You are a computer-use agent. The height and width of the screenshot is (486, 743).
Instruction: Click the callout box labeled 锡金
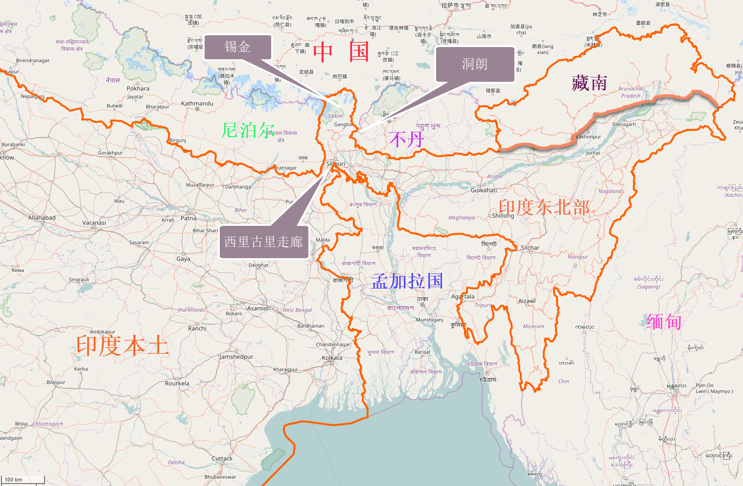tap(237, 47)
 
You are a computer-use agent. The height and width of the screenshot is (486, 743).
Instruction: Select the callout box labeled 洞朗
tap(474, 64)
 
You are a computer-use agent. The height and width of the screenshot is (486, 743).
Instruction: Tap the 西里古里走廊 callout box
tap(264, 242)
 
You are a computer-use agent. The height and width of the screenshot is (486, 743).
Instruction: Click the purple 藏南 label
tap(589, 83)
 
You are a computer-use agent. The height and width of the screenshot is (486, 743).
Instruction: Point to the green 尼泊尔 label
tap(247, 130)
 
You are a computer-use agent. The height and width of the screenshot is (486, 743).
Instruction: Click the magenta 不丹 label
tap(406, 139)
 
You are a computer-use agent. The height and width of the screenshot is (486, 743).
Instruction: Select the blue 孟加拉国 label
tap(407, 281)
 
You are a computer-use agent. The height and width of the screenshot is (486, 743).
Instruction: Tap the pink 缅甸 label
tap(664, 322)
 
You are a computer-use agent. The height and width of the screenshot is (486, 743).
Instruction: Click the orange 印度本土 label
tap(122, 346)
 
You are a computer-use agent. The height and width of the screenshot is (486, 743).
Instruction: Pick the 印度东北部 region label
tap(544, 207)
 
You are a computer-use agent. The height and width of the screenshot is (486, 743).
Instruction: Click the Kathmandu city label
tap(197, 103)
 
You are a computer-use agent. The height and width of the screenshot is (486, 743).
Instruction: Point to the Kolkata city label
tap(332, 358)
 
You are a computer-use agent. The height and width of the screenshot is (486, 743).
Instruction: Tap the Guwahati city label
tap(484, 190)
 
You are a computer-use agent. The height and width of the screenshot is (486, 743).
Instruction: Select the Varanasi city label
tap(94, 222)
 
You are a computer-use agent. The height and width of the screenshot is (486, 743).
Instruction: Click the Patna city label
tap(188, 218)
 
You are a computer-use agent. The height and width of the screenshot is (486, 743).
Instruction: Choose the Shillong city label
tap(503, 216)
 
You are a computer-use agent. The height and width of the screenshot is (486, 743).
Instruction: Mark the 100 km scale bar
tap(22, 480)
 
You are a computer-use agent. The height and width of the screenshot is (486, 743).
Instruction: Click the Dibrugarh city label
tap(624, 124)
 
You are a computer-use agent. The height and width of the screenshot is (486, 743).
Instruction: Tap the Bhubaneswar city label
tap(220, 477)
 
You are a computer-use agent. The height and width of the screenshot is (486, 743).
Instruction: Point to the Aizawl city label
tap(527, 301)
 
